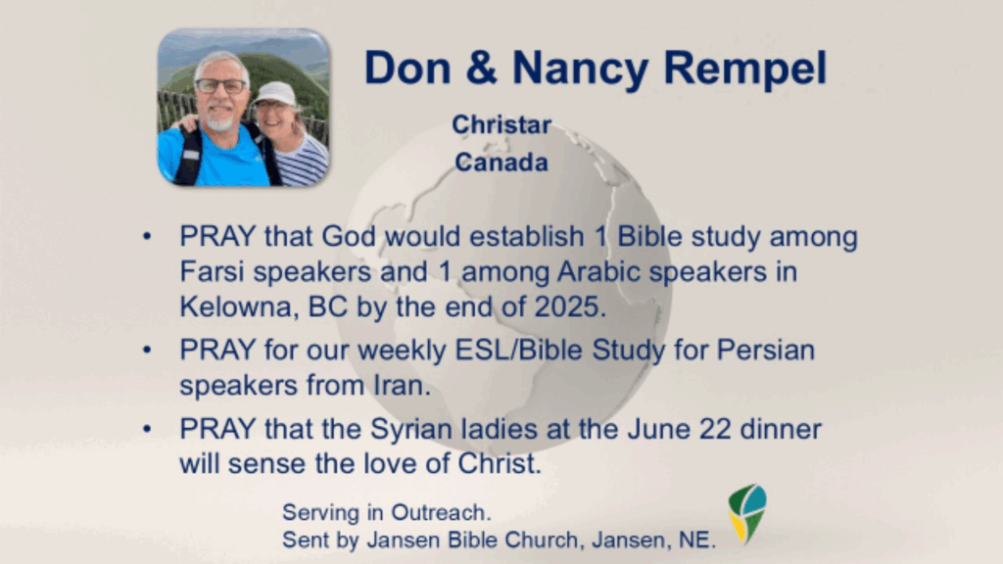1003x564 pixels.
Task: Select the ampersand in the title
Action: click(x=482, y=68)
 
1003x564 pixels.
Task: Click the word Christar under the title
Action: click(x=501, y=124)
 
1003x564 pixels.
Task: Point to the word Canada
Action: click(x=501, y=163)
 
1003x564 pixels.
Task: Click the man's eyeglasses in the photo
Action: click(x=220, y=86)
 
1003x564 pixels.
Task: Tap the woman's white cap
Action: click(x=274, y=93)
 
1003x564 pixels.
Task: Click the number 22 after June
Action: click(x=715, y=429)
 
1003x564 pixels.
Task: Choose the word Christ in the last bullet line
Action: click(x=499, y=464)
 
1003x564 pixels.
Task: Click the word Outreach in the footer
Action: click(x=441, y=513)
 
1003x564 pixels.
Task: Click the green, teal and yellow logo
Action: click(x=747, y=513)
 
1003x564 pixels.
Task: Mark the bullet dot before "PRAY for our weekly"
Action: click(x=147, y=351)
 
